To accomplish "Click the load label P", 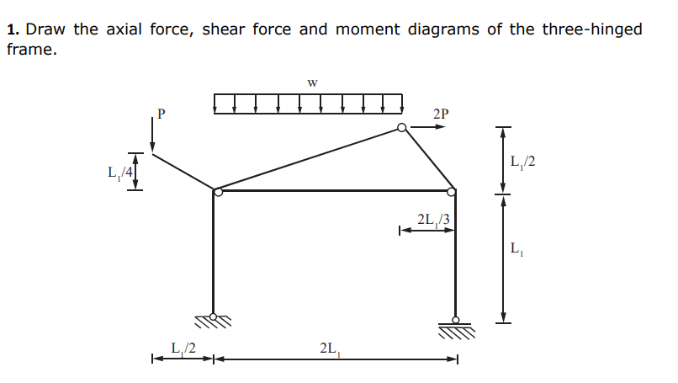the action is [x=162, y=111].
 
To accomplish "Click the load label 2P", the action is [x=441, y=114].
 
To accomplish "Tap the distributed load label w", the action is [x=313, y=82].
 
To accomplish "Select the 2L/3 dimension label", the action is [x=433, y=221].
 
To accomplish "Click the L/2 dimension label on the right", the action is [x=522, y=161].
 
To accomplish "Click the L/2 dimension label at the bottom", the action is [x=183, y=347].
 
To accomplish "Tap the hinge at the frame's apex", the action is [x=403, y=128].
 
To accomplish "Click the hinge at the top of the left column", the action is [x=218, y=193].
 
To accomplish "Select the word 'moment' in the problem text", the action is [x=368, y=29].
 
